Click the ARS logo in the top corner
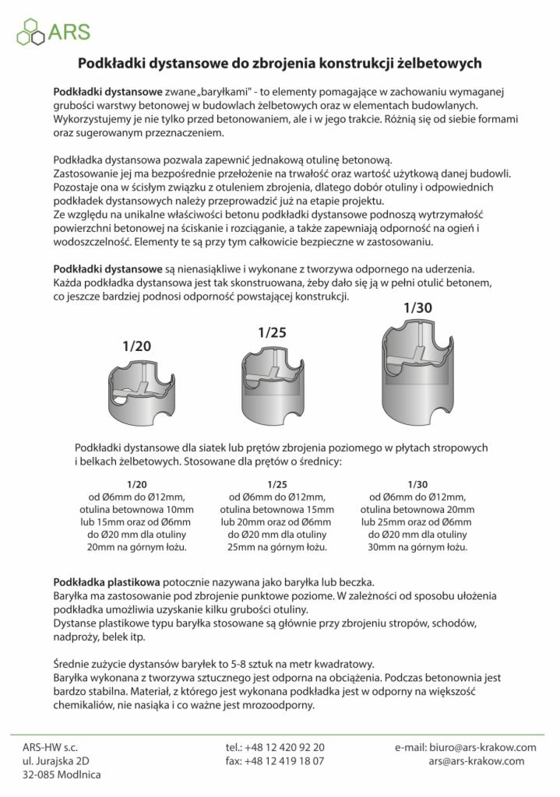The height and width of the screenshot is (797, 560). click(x=53, y=31)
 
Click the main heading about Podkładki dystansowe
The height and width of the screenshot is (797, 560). click(x=280, y=62)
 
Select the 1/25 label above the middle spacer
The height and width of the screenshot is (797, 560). click(x=273, y=332)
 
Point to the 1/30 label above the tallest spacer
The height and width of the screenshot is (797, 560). click(x=417, y=307)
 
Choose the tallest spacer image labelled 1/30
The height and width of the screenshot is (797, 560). click(x=418, y=370)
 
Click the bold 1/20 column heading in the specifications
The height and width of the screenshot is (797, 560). click(x=136, y=483)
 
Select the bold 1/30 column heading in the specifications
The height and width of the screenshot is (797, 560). click(x=417, y=483)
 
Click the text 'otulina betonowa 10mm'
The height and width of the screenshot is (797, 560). click(x=136, y=509)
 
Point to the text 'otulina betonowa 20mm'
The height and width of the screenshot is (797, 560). click(x=417, y=509)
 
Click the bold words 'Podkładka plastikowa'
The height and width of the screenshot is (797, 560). click(x=107, y=582)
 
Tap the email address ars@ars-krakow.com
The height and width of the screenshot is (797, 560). click(x=476, y=761)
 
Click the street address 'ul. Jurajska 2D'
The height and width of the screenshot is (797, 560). click(x=56, y=761)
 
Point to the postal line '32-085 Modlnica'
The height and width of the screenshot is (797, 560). click(x=62, y=775)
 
